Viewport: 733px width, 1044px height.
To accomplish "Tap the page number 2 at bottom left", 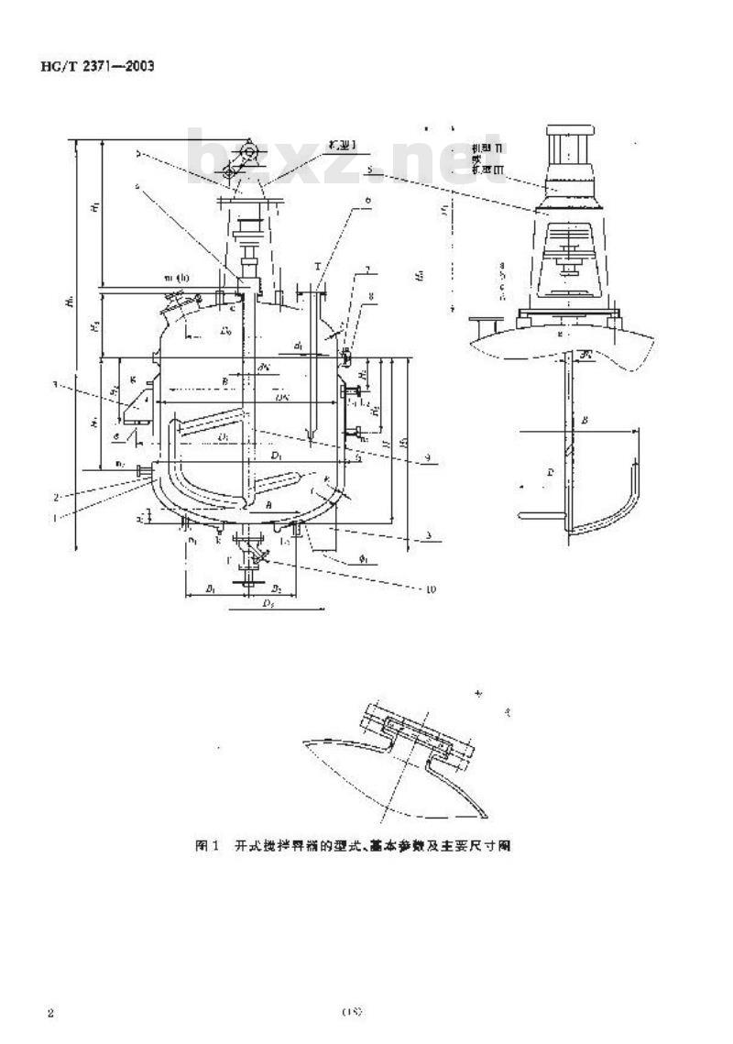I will [52, 1013].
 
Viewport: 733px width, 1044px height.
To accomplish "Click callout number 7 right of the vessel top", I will [366, 271].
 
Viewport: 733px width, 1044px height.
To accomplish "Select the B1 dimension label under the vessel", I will [210, 589].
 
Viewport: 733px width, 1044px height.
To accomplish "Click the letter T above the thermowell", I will [318, 268].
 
